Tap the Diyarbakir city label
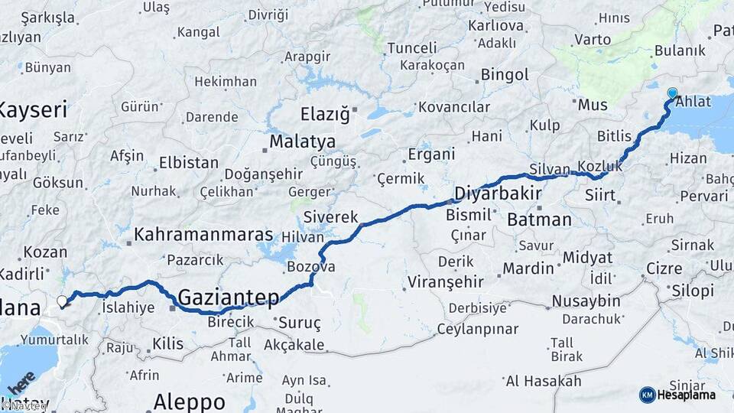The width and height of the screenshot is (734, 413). [x=498, y=192]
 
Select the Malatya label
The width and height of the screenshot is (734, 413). [x=303, y=142]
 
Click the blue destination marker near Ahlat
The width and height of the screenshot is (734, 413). [x=672, y=93]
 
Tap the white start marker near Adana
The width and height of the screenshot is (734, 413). [x=62, y=301]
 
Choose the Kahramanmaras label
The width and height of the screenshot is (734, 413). [x=203, y=233]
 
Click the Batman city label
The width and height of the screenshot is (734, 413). [x=539, y=220]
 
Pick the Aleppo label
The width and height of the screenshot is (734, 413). [x=189, y=402]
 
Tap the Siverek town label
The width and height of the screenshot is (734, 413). [x=331, y=216]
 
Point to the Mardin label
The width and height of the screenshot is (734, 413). [x=528, y=268]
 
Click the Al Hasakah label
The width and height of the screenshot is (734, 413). [x=544, y=380]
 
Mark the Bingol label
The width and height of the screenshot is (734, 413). [x=505, y=75]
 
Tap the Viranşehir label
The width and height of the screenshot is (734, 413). [x=446, y=281]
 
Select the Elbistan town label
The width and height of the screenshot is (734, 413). [x=188, y=163]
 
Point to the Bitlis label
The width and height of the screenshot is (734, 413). [x=615, y=136]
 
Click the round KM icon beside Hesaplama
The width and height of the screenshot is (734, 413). [x=647, y=395]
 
